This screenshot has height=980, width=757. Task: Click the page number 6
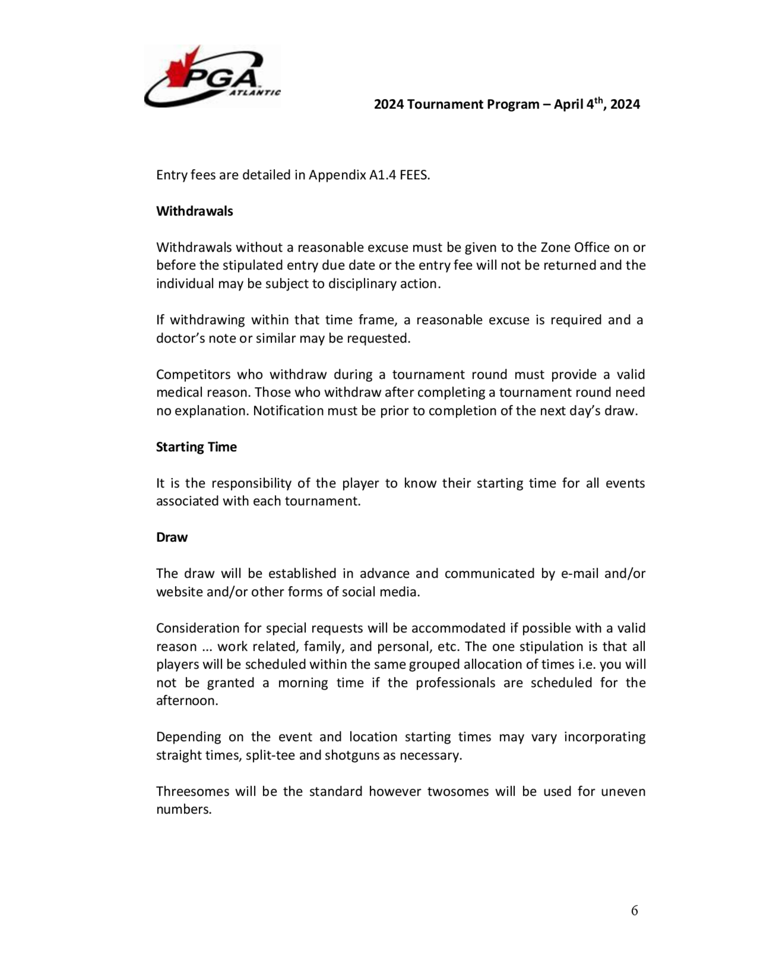(x=634, y=910)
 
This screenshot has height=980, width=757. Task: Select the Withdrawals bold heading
(x=194, y=211)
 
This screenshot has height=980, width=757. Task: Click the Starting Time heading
(x=196, y=447)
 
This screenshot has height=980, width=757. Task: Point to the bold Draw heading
(x=172, y=537)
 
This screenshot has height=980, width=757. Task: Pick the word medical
(x=179, y=393)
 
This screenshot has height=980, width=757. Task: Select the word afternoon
(x=187, y=701)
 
